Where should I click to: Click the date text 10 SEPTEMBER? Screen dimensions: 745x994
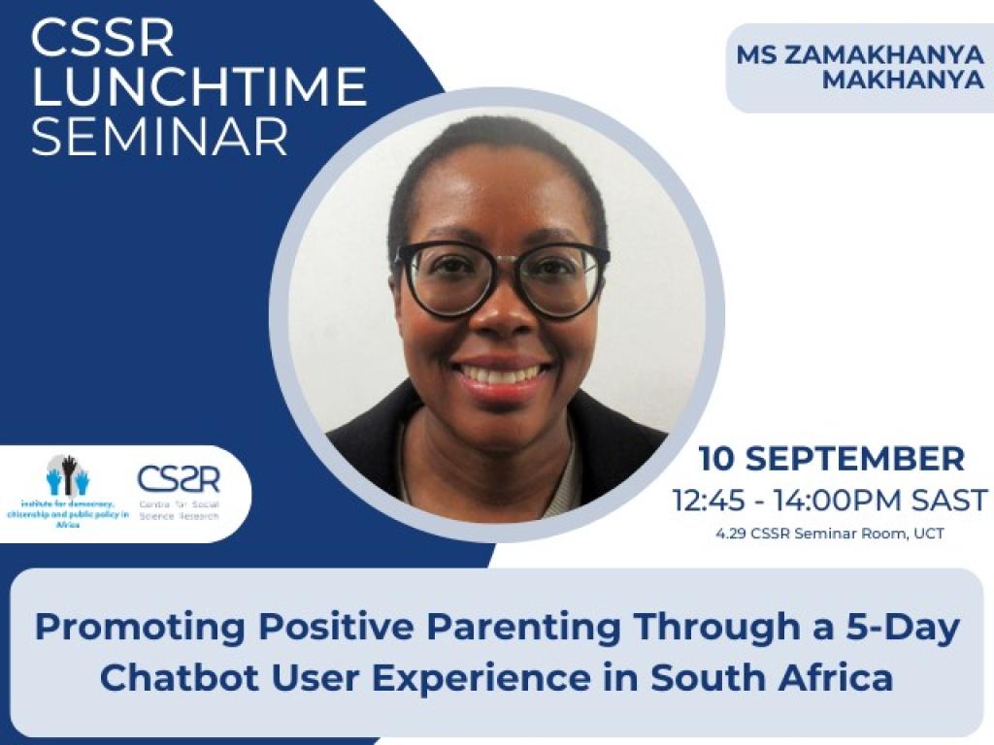click(x=832, y=458)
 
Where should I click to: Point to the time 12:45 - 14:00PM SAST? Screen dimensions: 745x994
click(x=830, y=501)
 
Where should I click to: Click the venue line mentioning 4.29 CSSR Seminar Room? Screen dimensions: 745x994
click(x=831, y=534)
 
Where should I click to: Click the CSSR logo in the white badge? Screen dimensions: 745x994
click(x=179, y=479)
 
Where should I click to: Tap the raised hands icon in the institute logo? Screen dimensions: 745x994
click(x=68, y=475)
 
